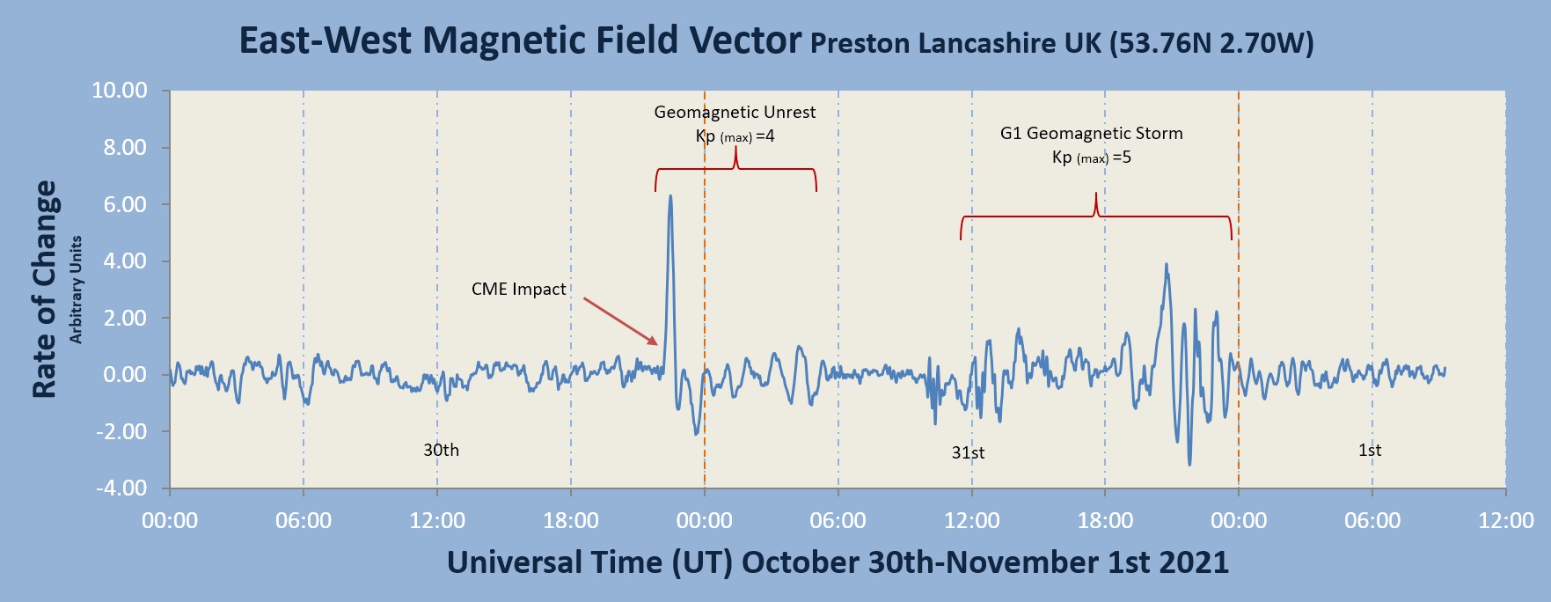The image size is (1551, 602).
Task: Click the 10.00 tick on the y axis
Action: point(120,91)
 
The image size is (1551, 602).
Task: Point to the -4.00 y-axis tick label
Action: point(122,488)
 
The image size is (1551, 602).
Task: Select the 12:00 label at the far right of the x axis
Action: point(1505,520)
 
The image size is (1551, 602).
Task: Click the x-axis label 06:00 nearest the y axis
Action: point(304,520)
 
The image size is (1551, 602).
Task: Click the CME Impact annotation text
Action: point(518,289)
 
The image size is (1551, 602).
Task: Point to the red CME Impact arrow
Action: point(620,321)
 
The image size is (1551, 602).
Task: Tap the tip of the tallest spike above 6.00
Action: point(670,196)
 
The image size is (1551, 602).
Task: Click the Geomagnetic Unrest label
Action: point(735,112)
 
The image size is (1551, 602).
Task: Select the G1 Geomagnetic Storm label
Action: point(1091,133)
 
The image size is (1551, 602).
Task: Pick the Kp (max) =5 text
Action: point(1091,158)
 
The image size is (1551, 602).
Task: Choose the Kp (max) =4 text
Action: point(735,136)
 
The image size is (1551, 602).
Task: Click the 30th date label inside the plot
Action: point(441,450)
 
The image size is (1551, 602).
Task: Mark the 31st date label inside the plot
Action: point(968,452)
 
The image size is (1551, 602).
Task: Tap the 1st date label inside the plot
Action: point(1370,450)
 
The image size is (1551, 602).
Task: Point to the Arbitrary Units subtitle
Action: point(77,289)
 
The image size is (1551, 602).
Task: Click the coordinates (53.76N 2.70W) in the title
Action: point(1211,43)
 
